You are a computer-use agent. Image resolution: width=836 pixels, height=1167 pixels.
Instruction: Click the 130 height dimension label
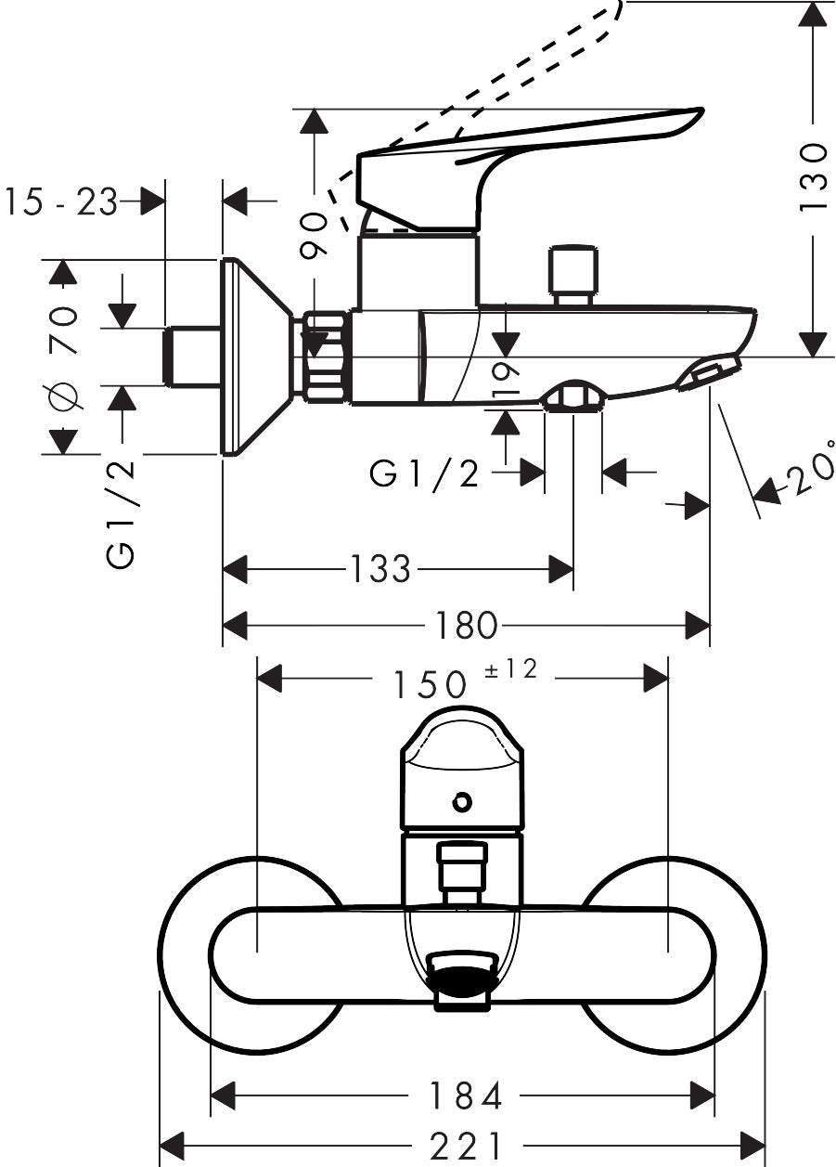813,176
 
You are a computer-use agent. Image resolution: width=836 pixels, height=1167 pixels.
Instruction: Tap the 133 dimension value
379,568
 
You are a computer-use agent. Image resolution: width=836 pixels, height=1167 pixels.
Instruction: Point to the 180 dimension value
467,626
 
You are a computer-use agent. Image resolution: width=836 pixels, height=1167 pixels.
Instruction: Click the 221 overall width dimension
464,1146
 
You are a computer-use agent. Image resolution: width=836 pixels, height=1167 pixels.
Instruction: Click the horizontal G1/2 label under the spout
425,473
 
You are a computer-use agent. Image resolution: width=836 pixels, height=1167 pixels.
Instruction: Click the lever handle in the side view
520,149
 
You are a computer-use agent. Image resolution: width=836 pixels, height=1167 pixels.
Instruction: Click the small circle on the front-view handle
461,801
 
